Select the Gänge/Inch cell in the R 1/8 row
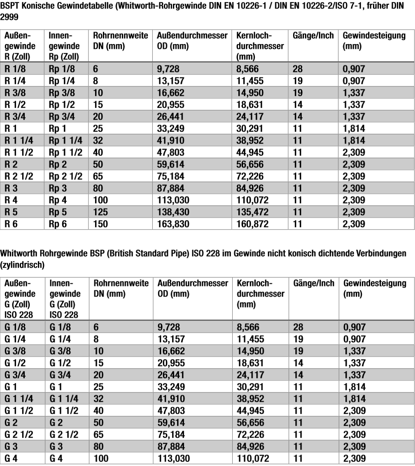[297, 69]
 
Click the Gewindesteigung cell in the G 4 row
[354, 458]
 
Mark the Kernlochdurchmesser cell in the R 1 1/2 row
[250, 153]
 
